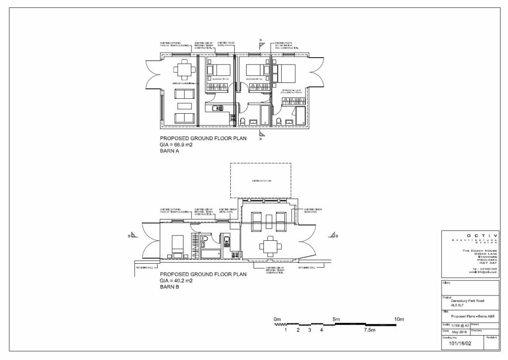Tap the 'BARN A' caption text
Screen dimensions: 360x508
click(x=169, y=151)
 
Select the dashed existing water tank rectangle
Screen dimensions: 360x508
click(x=260, y=181)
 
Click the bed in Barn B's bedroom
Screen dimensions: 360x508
click(x=177, y=244)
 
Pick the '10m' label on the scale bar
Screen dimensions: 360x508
click(x=399, y=319)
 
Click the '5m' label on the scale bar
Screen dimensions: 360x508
click(x=335, y=319)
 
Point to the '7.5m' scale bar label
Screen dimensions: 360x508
click(x=370, y=330)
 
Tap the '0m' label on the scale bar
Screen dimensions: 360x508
click(x=277, y=319)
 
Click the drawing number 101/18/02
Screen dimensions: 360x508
click(x=460, y=343)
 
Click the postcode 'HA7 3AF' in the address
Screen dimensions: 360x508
click(x=488, y=263)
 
